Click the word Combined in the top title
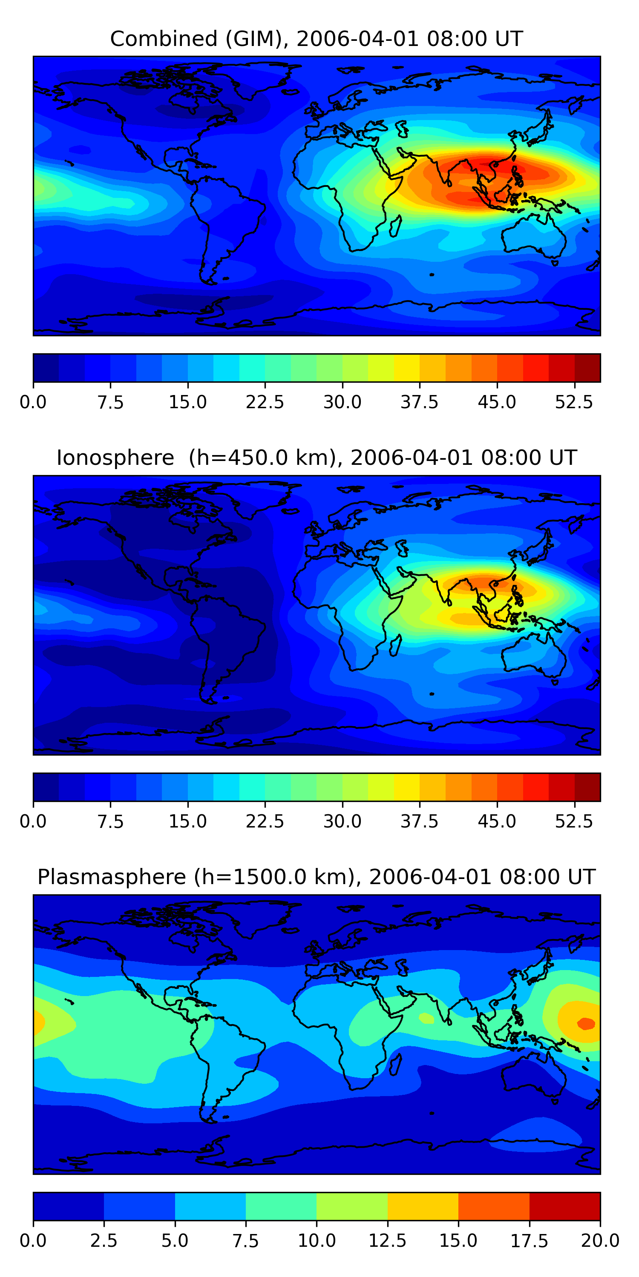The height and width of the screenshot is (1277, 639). pyautogui.click(x=164, y=39)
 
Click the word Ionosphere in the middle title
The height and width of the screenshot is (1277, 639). pyautogui.click(x=115, y=458)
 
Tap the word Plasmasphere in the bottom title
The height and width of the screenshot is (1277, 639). pyautogui.click(x=112, y=877)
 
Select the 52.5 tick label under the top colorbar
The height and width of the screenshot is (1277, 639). pyautogui.click(x=574, y=402)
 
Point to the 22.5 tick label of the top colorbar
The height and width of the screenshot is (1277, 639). pyautogui.click(x=265, y=402)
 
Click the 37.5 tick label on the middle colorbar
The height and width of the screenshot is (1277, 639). pyautogui.click(x=420, y=822)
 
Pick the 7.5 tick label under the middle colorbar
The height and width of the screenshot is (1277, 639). pyautogui.click(x=110, y=822)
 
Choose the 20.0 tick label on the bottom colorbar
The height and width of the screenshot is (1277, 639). pyautogui.click(x=600, y=1241)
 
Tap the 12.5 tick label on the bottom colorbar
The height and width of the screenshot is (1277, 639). pyautogui.click(x=388, y=1241)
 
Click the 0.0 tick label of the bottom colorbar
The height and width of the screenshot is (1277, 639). pyautogui.click(x=33, y=1241)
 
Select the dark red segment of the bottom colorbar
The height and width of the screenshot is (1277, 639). pyautogui.click(x=564, y=1206)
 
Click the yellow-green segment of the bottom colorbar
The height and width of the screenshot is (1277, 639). pyautogui.click(x=352, y=1206)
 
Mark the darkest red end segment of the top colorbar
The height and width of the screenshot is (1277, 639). pyautogui.click(x=587, y=368)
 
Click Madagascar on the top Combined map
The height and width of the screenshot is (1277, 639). pyautogui.click(x=395, y=226)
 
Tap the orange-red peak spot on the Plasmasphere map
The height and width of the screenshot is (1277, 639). pyautogui.click(x=586, y=1023)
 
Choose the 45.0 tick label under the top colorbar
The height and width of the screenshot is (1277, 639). pyautogui.click(x=497, y=402)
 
